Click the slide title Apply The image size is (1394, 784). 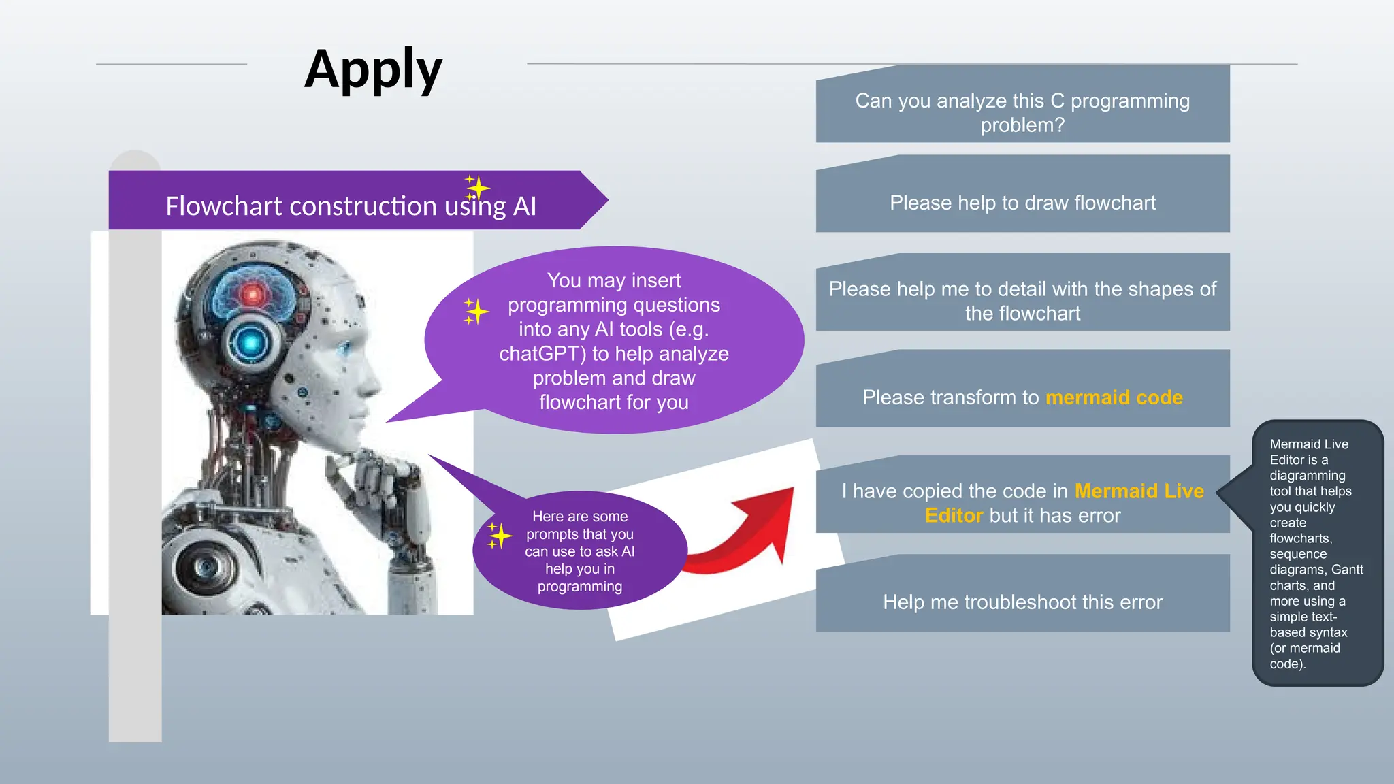pos(373,69)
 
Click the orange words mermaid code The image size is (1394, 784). pos(1114,397)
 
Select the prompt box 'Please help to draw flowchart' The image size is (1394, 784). pos(1022,202)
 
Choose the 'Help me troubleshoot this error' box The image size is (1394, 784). pos(1022,602)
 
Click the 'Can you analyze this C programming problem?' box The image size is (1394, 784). pos(1022,112)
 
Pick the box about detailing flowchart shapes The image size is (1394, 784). pos(1022,300)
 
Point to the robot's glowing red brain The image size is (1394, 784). pos(253,295)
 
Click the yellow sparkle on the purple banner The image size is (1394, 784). pos(477,187)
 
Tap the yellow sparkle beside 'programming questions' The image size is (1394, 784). pos(476,312)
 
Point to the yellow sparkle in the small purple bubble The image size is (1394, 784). pos(500,536)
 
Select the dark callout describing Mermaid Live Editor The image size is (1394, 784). pos(1316,553)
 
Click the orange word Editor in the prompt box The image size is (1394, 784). pos(954,516)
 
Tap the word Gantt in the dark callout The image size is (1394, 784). pos(1347,570)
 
